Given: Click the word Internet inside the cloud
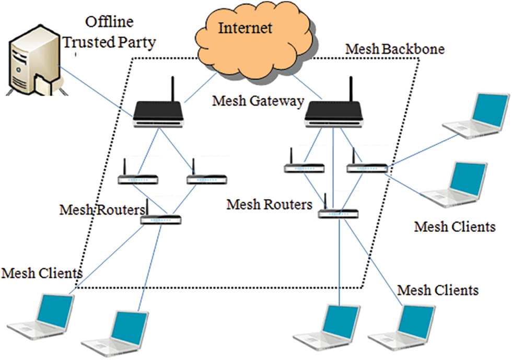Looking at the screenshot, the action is [x=245, y=28].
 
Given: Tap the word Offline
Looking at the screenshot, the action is [x=109, y=22].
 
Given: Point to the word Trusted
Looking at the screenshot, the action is [x=89, y=42].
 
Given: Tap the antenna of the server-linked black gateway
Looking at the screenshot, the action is [x=172, y=89].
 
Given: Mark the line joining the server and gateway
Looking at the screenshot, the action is [x=95, y=91].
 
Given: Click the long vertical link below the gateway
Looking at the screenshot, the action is [x=333, y=168].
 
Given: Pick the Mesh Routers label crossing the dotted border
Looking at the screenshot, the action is [x=102, y=210].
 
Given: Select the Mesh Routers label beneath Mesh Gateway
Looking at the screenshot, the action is [x=270, y=204].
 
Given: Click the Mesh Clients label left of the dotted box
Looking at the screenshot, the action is [x=42, y=273].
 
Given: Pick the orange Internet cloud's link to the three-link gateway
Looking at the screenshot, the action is [x=304, y=86].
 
